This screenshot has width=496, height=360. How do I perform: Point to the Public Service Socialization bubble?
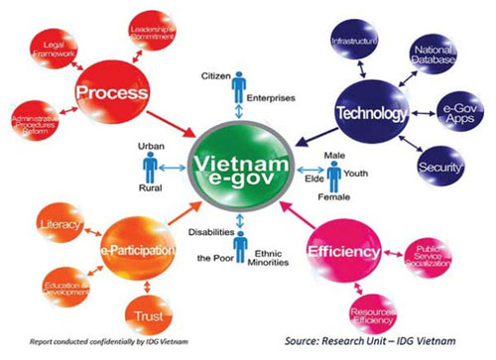pos(435,257)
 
